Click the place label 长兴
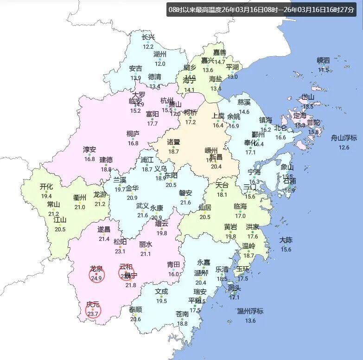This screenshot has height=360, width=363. coord(148,37)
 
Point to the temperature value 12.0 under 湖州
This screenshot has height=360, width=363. coord(159,64)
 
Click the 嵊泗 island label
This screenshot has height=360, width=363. coord(323,60)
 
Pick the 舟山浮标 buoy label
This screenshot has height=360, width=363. coord(344,138)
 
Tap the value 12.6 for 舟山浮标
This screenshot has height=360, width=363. coord(344,148)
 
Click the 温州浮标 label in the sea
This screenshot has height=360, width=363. coord(250,311)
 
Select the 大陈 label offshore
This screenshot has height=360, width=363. coord(286,240)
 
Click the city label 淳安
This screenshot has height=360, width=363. coord(89,149)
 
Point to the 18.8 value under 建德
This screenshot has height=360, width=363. coord(106,170)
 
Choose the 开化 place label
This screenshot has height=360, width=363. coord(46,186)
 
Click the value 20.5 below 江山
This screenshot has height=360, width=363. coord(60,229)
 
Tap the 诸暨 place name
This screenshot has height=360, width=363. coord(173,141)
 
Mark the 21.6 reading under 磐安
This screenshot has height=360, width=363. coord(185,203)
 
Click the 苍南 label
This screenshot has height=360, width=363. coord(182,314)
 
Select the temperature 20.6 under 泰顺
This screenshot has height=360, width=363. coord(135,319)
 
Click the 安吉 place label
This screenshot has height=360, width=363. coord(135,69)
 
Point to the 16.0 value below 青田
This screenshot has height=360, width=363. coord(174,274)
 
